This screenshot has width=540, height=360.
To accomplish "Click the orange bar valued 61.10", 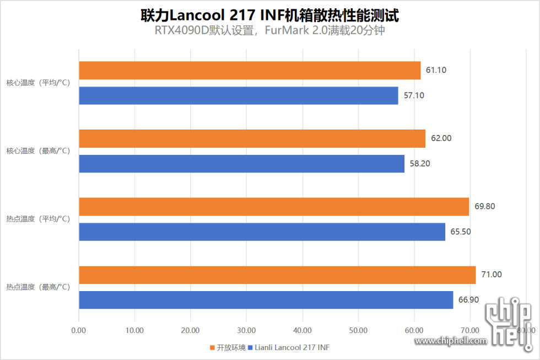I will point(250,71).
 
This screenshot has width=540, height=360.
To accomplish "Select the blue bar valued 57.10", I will point(239,95).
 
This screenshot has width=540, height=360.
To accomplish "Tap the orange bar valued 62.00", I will point(252,138).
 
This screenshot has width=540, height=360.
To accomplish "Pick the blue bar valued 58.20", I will point(241,164).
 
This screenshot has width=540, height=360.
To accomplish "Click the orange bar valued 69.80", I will point(274,207).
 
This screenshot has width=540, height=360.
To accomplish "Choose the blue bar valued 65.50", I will point(262,232).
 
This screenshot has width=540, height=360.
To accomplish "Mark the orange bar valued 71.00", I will point(277,275).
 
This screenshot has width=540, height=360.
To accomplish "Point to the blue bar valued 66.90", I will point(266,300).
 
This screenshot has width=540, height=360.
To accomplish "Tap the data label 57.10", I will point(414,95).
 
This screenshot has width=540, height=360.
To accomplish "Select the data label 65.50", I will point(461,232).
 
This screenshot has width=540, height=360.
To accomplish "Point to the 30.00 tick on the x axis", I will point(246,330).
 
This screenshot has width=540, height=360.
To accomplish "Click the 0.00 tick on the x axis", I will point(79,330).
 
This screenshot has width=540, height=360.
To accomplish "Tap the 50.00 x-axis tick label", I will point(358,330).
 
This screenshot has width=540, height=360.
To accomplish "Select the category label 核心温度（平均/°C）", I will point(38,83).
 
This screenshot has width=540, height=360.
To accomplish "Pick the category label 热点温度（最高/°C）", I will point(38,287).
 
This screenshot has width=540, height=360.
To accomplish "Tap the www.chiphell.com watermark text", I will point(451,341).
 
